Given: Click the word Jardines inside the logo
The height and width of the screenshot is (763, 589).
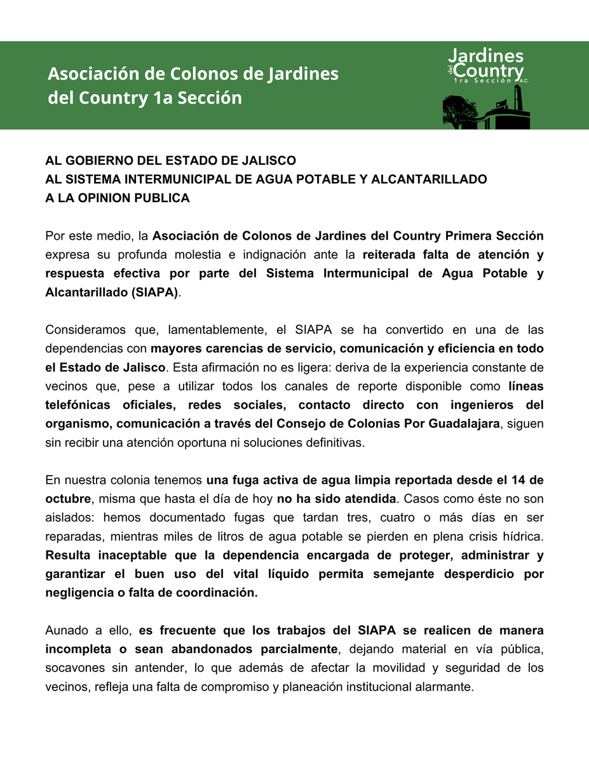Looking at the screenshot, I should pos(485,56).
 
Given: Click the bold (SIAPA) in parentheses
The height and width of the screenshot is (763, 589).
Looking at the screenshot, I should pos(156,292).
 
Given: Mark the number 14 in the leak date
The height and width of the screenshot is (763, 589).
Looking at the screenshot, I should pos(520,480).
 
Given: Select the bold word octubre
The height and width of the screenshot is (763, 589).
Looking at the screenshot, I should pos(67,498).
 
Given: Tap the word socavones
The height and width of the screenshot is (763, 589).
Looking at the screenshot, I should pos(73,668).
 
